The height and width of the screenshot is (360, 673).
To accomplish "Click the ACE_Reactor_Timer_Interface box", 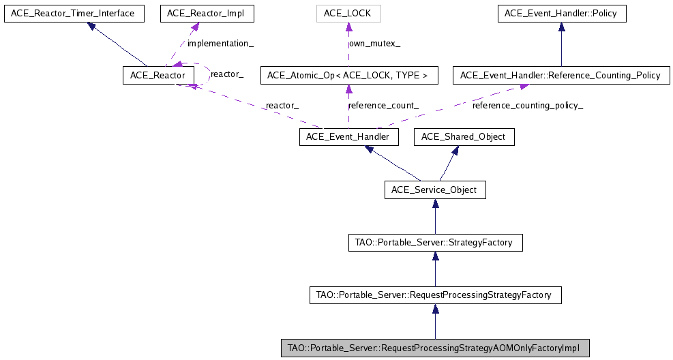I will [74, 13].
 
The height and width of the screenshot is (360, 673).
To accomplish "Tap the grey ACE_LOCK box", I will [348, 13].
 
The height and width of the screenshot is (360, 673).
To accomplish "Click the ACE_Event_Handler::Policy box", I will [561, 13].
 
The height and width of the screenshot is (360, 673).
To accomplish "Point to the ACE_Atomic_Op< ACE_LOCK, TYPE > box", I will [348, 75].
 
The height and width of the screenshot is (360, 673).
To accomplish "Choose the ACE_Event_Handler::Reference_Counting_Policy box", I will [560, 75].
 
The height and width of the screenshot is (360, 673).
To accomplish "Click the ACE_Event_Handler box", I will [348, 137].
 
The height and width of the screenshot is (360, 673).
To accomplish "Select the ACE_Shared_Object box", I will [464, 137].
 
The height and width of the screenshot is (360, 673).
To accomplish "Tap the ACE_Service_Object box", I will [435, 190].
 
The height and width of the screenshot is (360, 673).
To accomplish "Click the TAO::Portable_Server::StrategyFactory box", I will [435, 242].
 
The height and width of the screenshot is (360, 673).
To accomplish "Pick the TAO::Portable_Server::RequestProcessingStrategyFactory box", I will [435, 295].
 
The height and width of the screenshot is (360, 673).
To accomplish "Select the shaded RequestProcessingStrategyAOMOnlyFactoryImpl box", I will [435, 348].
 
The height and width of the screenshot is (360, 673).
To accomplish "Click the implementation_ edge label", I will [220, 43].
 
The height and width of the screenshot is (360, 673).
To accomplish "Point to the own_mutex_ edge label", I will [375, 43].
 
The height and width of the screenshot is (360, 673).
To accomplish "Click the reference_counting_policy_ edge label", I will [528, 106].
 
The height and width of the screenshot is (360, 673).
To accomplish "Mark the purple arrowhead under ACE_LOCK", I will [348, 27].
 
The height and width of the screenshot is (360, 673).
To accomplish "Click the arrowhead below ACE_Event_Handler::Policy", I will [561, 27].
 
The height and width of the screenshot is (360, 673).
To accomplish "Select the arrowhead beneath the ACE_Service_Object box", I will [435, 205].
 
